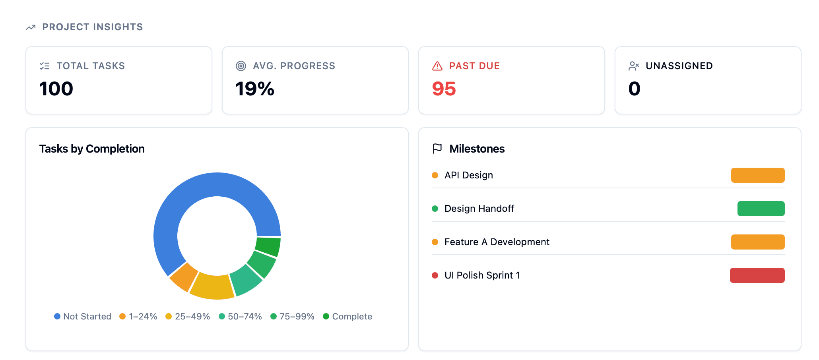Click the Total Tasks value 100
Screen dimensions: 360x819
pos(56,89)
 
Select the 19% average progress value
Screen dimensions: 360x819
pos(255,89)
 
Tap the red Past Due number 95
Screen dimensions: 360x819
pos(444,89)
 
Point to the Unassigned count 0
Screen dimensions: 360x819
pos(634,89)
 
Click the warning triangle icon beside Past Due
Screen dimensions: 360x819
pos(437,66)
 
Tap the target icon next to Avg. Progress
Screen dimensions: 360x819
pos(241,66)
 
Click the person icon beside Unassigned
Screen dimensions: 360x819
pos(634,66)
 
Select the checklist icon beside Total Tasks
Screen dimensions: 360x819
pos(45,66)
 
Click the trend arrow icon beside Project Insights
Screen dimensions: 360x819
pos(31,27)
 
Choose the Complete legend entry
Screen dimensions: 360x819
pos(347,316)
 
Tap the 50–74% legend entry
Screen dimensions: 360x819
pos(240,316)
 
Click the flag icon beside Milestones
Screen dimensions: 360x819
pos(437,149)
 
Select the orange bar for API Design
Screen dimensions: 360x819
pos(758,175)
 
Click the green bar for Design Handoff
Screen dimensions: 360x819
pos(761,209)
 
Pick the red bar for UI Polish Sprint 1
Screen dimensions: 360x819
pos(757,275)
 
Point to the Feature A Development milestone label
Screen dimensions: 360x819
pos(497,242)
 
